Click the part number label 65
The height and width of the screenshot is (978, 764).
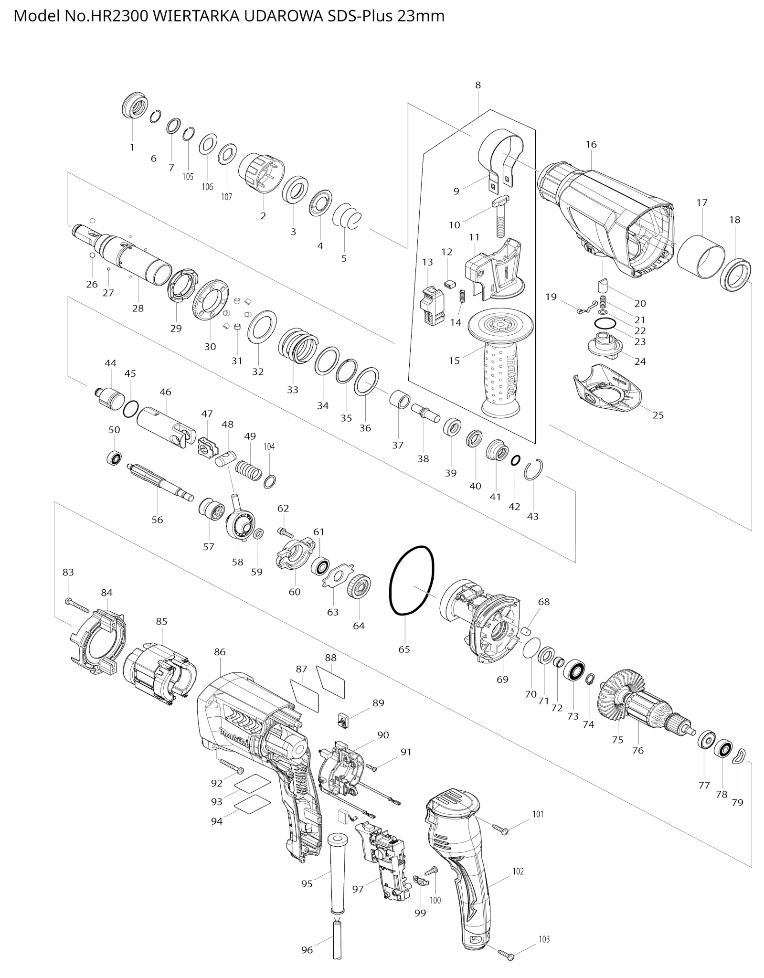point(404,649)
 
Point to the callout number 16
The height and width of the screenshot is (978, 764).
point(591,144)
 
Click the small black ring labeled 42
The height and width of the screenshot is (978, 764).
point(515,460)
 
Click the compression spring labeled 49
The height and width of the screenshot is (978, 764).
point(250,469)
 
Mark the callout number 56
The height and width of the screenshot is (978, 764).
point(157,520)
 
